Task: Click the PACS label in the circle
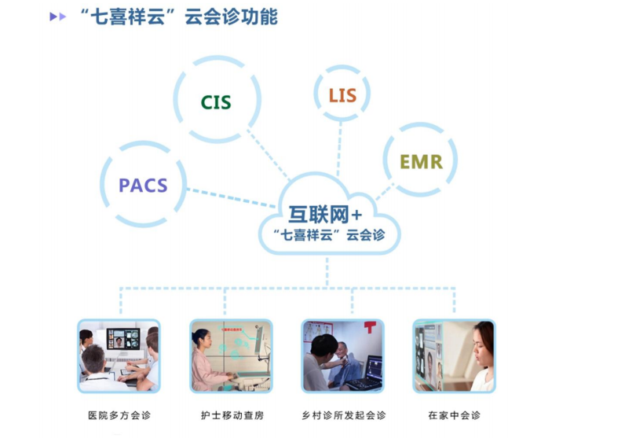143,186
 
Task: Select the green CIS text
216,103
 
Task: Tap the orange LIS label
342,96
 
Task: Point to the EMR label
421,163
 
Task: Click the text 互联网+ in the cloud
324,214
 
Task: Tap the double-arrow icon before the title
57,17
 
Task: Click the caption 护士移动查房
231,415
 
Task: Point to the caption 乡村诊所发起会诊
344,415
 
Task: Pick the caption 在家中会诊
455,415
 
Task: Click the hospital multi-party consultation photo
119,355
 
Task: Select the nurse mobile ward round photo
231,355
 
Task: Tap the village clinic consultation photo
343,355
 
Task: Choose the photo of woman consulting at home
455,355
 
